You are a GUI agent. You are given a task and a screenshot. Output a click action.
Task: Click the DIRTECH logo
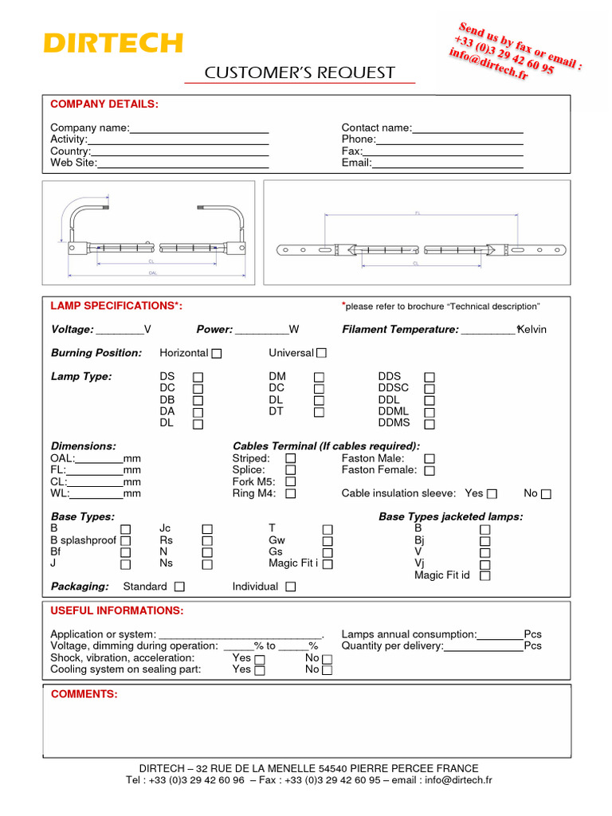tap(113, 43)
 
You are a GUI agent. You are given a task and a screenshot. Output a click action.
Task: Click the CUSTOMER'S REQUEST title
tap(300, 73)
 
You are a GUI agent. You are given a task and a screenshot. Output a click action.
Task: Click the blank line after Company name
tap(198, 128)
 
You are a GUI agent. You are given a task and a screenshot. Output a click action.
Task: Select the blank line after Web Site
tap(182, 163)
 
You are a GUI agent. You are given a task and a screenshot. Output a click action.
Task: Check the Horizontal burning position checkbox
tap(217, 353)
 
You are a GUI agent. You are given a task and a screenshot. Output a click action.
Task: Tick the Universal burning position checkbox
tap(321, 353)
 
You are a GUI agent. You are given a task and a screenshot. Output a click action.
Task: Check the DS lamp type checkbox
tap(198, 377)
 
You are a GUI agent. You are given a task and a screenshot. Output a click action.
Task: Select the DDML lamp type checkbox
tap(430, 413)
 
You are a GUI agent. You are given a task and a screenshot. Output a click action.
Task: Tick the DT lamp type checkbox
tap(319, 413)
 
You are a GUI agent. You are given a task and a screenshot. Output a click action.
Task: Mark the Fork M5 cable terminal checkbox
tap(290, 482)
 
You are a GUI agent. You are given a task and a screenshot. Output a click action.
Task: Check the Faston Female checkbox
tap(430, 471)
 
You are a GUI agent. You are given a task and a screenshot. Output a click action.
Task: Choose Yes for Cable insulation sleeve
tap(492, 494)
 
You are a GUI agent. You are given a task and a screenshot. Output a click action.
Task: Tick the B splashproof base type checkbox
tap(125, 541)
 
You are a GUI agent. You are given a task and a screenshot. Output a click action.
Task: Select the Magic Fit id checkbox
tap(484, 576)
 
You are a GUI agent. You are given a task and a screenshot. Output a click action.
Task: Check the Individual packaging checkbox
tap(290, 587)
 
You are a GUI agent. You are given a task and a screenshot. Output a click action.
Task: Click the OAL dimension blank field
tap(99, 459)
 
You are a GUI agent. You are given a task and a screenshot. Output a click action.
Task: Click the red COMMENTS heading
tap(84, 695)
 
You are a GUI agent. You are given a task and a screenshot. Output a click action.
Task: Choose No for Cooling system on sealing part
tap(327, 670)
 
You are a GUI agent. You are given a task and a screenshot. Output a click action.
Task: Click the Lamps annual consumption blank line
tap(500, 635)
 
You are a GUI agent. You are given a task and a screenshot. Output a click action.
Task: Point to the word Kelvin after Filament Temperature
tap(532, 330)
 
